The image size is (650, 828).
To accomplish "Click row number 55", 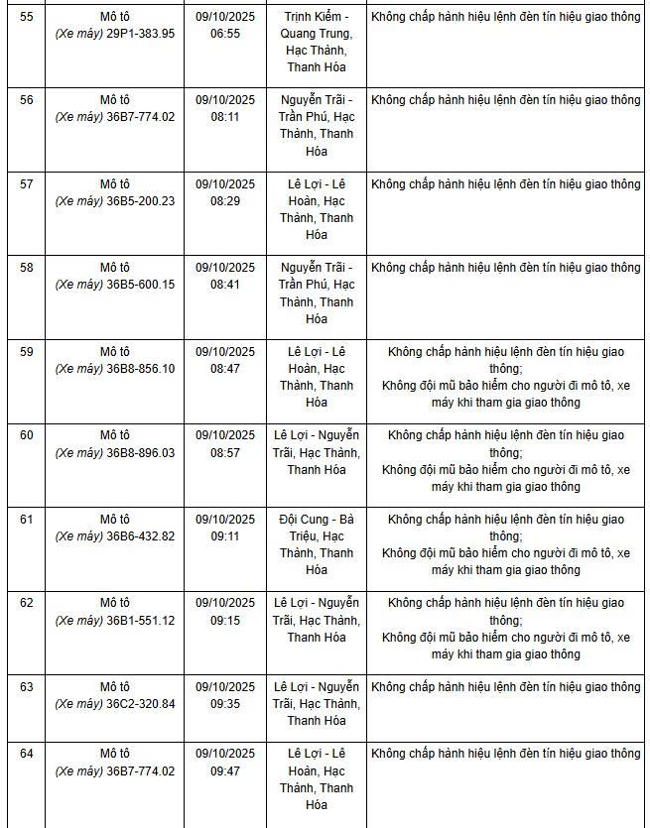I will click(27, 17).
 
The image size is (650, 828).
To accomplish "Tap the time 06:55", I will click(225, 33).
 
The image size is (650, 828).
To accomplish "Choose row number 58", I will click(27, 268).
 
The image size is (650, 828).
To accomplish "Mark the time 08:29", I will click(225, 200).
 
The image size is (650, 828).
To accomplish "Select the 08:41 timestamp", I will click(225, 285).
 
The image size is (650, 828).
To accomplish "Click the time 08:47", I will click(225, 368).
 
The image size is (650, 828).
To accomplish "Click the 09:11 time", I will click(225, 535).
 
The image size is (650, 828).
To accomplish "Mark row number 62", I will click(27, 603).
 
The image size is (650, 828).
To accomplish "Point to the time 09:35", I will click(225, 703).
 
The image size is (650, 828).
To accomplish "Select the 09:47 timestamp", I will click(225, 770).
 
